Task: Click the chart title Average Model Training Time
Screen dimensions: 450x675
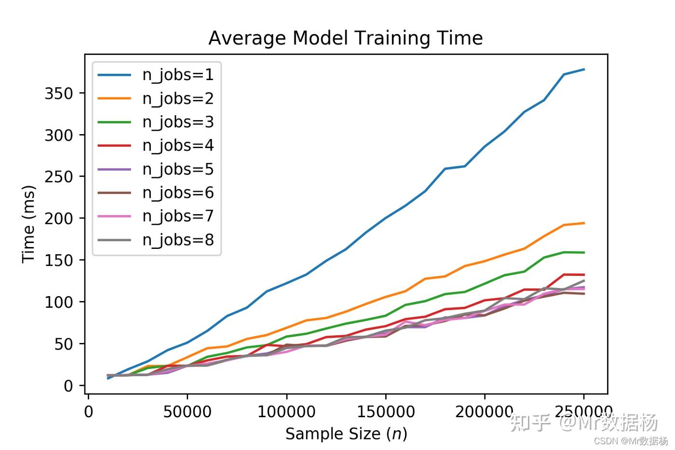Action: pos(345,38)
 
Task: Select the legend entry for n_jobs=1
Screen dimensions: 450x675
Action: pos(178,75)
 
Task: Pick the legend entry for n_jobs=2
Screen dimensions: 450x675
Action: pos(178,98)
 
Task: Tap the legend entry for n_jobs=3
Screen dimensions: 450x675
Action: pos(178,122)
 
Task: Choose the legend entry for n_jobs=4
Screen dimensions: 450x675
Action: pos(178,146)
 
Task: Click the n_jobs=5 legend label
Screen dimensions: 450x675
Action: pos(178,169)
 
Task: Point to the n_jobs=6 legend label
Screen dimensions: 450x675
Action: pos(178,193)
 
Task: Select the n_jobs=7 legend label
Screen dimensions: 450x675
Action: pos(178,216)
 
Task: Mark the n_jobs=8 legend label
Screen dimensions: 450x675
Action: pos(178,240)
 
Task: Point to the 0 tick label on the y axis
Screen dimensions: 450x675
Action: pos(68,386)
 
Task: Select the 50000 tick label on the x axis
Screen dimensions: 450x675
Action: pos(187,412)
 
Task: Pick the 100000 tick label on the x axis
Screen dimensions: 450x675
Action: pos(286,412)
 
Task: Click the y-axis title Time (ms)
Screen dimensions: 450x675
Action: pos(28,224)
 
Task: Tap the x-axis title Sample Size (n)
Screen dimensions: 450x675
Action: pos(346,434)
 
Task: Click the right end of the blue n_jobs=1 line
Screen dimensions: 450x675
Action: pos(584,69)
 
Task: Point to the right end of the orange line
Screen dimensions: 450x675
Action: pos(584,223)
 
